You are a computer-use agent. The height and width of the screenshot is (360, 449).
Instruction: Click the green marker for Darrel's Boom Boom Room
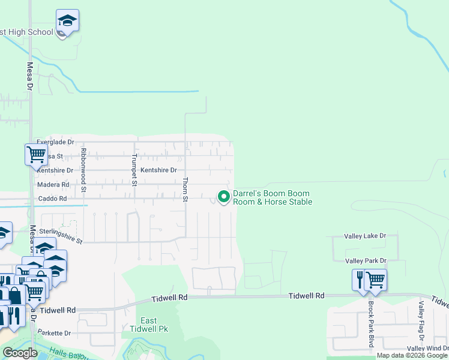point(224,197)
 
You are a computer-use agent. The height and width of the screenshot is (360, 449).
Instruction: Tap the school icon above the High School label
point(67,22)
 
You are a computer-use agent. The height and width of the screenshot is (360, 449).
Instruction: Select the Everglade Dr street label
point(55,142)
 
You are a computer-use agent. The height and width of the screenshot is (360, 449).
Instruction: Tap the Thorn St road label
point(185,189)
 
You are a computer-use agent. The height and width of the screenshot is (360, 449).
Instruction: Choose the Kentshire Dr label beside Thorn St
point(158,170)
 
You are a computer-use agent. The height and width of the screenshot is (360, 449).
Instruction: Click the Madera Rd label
point(53,184)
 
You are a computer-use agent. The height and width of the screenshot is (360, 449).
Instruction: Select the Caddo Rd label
point(52,198)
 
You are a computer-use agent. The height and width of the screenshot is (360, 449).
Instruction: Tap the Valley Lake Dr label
point(364,236)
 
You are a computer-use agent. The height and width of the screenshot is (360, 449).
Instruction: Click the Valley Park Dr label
point(366,261)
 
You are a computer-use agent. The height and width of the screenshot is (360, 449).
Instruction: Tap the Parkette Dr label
point(54,333)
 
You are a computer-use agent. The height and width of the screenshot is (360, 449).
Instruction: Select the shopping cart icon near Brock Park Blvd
point(376,279)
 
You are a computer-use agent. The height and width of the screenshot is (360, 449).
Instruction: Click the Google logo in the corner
point(19,353)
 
